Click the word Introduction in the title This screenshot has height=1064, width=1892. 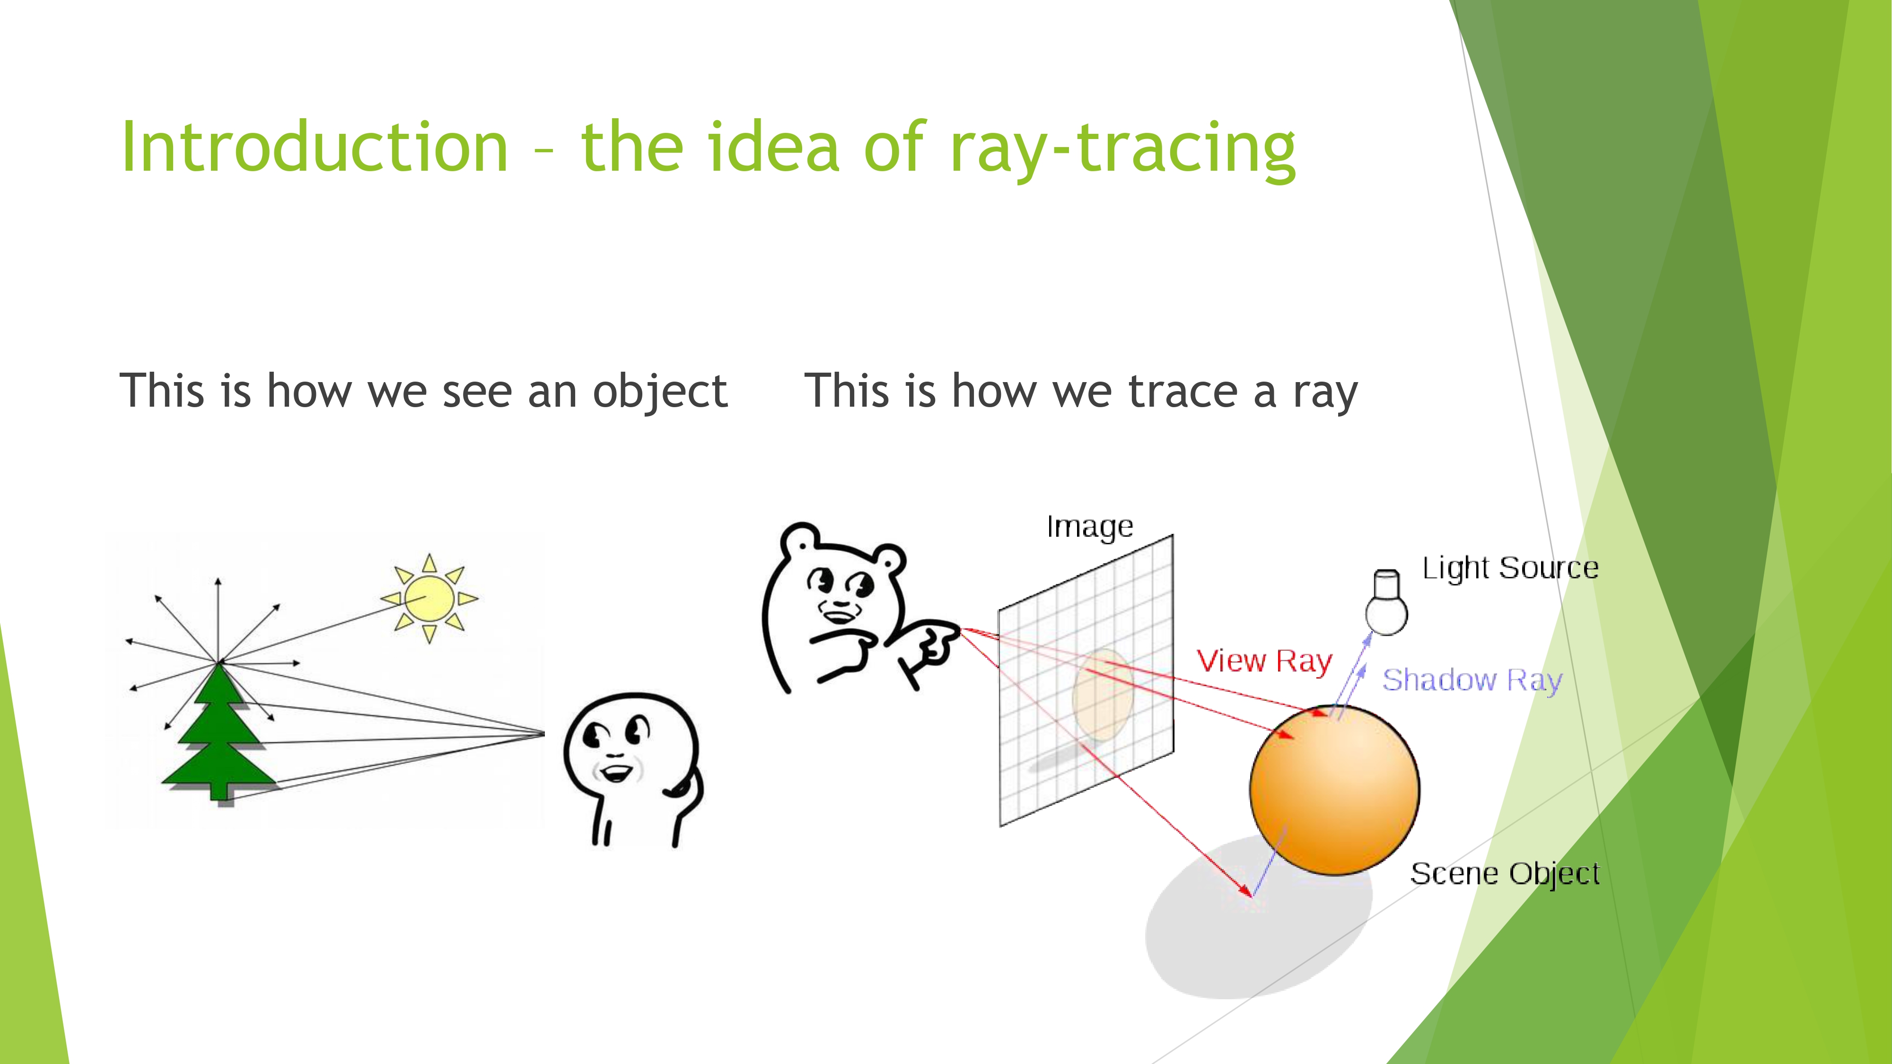pos(315,147)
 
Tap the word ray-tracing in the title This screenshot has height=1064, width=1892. pos(1122,150)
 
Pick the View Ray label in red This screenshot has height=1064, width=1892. pos(1264,662)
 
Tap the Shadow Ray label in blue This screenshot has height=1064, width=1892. pos(1472,680)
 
